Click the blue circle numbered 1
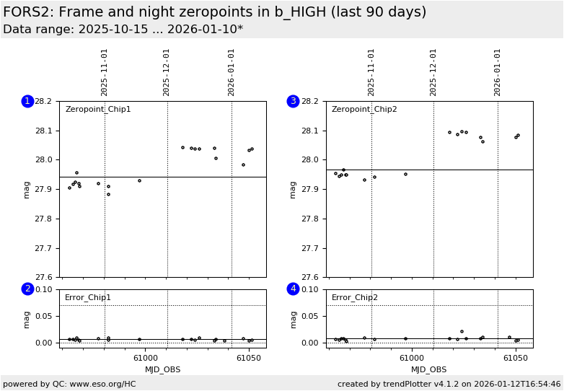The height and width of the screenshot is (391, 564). point(27,101)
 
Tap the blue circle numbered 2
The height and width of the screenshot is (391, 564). point(27,289)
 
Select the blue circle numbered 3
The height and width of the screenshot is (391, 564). point(293,101)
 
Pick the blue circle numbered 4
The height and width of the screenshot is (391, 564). point(293,289)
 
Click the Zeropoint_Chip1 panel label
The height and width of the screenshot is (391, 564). point(98,110)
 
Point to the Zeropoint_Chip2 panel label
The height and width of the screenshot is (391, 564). point(364,110)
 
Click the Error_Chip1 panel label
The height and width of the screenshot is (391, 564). point(88,297)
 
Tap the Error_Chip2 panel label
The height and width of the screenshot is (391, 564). point(355,297)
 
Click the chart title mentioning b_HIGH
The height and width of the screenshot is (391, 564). point(215,12)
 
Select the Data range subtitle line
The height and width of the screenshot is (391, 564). point(123,30)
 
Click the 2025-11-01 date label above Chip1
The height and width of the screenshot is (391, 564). point(105,72)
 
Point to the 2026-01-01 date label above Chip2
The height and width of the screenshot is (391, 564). point(498,72)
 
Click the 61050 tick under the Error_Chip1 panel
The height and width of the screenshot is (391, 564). point(248,359)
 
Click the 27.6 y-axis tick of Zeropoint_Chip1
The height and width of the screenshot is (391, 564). point(43,277)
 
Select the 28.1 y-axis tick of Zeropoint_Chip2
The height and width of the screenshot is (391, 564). point(309,131)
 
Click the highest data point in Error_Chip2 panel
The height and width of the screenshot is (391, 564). point(462,332)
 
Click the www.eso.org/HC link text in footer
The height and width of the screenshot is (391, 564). point(102,384)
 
